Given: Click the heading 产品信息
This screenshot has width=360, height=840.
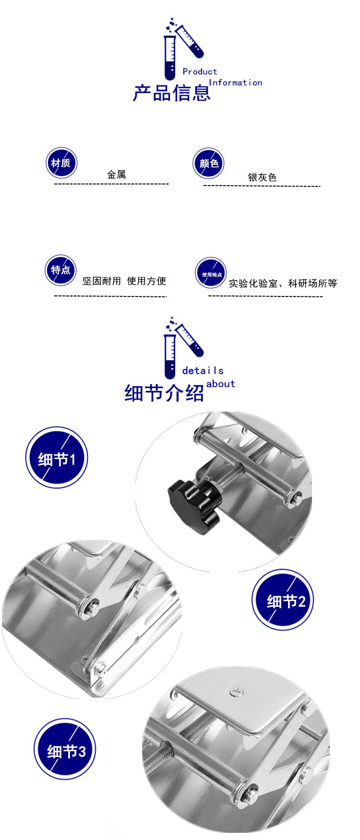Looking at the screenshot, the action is point(172,93).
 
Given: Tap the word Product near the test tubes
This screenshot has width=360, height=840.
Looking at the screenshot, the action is point(200,71).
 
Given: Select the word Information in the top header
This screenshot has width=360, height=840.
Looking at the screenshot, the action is point(236,83).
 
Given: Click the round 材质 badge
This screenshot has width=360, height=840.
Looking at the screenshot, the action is point(61,163).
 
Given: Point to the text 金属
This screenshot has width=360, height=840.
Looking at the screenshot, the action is point(117,175).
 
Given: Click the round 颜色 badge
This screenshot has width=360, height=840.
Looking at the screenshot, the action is point(209,164).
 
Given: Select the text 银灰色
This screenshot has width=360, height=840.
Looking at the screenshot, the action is point(262,177).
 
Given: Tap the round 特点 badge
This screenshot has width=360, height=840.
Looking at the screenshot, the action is point(61,270).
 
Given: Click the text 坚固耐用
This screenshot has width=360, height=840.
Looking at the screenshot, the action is point(101,281).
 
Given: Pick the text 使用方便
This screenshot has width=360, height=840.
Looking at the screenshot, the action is point(146,281).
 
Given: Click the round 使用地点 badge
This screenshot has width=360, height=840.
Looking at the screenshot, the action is point(211,273).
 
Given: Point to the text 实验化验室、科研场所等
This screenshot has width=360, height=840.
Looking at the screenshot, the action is point(283,284).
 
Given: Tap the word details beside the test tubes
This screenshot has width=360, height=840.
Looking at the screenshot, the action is point(203,370).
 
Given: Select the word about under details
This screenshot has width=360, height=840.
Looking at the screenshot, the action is point(221,384).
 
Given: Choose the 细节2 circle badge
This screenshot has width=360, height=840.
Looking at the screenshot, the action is point(283,600).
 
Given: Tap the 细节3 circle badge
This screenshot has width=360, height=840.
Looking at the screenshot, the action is point(65,749).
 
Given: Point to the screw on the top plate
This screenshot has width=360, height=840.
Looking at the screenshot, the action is point(236,691).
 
